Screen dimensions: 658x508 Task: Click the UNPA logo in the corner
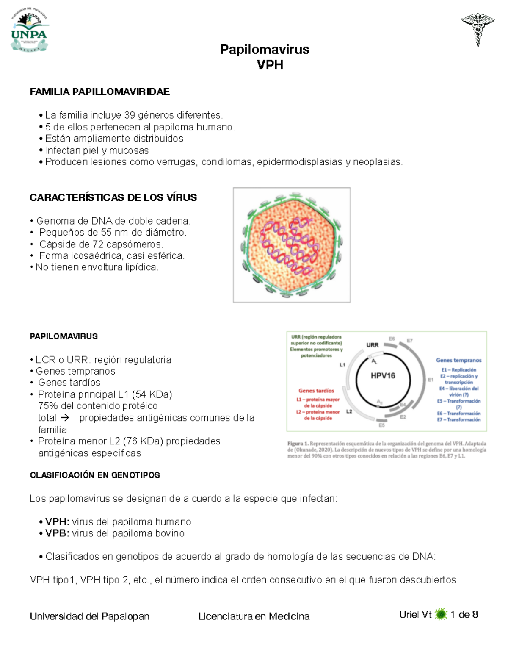pos(29,32)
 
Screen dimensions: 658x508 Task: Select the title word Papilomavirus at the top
pos(265,50)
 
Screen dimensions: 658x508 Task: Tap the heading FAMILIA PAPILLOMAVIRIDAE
pos(99,92)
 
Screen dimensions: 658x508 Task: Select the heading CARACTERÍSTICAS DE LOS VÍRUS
pos(113,198)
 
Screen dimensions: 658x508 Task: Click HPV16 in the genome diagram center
pos(383,375)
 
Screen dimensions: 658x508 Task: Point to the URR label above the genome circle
pos(372,345)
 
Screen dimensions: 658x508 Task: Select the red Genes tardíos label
pos(316,391)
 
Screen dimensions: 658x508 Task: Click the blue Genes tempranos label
pos(458,360)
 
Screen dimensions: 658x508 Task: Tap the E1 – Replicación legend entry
pos(458,370)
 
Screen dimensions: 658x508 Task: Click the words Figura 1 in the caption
pos(298,444)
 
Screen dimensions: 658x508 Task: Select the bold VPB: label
pos(58,533)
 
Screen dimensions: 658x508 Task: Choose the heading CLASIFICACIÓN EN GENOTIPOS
pos(95,475)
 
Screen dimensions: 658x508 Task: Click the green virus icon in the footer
pos(441,614)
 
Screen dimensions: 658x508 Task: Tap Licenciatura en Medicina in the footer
pos(254,616)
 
